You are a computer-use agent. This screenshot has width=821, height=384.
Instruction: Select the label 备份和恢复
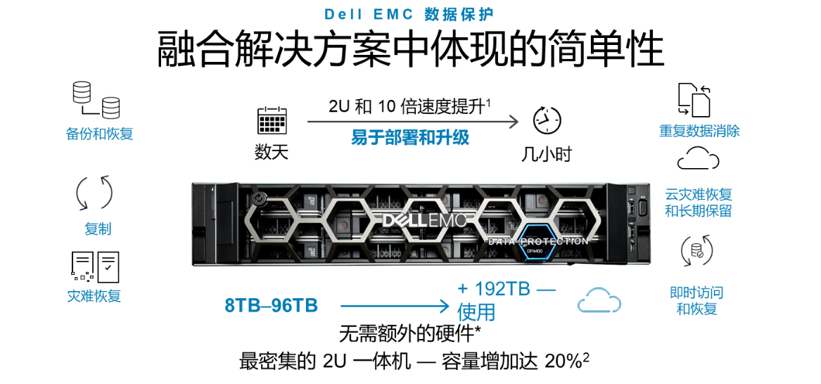[x=99, y=134]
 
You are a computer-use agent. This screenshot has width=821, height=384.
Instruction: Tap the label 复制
[x=98, y=229]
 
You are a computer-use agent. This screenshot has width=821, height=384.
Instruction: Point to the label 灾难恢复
[x=94, y=295]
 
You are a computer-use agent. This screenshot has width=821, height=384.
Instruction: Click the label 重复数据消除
[x=699, y=131]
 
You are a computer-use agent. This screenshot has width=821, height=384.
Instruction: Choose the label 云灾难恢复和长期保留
[x=698, y=203]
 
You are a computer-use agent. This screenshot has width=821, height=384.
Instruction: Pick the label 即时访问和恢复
[x=696, y=300]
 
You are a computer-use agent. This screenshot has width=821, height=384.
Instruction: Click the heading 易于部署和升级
[x=410, y=138]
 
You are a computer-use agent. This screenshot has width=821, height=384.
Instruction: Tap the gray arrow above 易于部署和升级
[x=412, y=122]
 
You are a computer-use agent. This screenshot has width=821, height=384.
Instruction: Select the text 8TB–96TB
[x=271, y=306]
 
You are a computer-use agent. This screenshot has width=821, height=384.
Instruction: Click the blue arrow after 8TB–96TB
[x=395, y=306]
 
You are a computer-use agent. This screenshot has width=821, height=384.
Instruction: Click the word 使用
[x=476, y=312]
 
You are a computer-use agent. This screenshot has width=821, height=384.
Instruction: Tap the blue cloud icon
[x=599, y=300]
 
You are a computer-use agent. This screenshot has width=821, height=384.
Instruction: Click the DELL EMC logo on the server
[x=424, y=220]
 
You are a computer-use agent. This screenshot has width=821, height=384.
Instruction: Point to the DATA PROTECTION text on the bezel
[x=538, y=241]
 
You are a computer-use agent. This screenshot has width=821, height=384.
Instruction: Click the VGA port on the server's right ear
[x=642, y=209]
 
